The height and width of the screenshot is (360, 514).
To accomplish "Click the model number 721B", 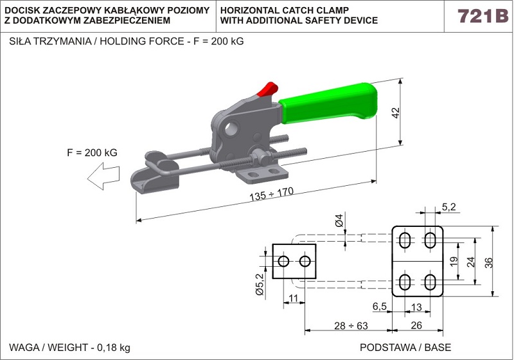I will (x=482, y=16).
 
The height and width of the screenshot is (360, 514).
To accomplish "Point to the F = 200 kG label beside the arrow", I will (x=92, y=153).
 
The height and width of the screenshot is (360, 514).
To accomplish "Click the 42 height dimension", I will (x=396, y=113).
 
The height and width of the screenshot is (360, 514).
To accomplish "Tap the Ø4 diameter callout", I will (x=339, y=223).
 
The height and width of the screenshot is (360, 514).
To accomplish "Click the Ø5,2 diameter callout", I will (x=260, y=283).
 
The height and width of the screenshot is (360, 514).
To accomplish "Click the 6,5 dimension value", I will (x=379, y=307).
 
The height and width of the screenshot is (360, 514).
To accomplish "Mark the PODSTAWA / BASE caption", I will (x=405, y=347).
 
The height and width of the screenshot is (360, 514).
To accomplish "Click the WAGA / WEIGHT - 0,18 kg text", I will (x=69, y=347).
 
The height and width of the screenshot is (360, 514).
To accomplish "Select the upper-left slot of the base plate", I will (x=406, y=240).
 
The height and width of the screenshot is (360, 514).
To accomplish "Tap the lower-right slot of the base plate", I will (x=429, y=282).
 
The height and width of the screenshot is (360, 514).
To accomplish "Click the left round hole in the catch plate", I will (x=283, y=261).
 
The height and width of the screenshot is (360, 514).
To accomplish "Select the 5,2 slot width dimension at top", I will (x=448, y=206).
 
